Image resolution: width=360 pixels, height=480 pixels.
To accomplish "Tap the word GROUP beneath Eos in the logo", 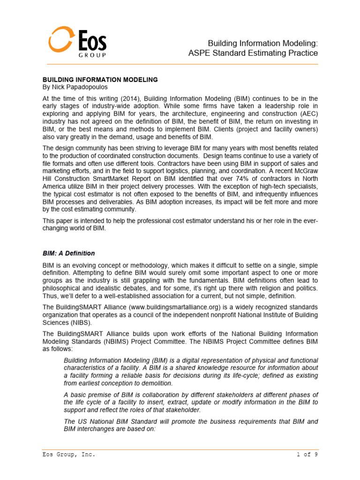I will (92, 55).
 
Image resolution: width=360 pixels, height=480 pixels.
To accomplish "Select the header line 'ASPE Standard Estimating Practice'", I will (253, 53).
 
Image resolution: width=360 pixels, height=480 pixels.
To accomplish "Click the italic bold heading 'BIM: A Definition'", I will (68, 253).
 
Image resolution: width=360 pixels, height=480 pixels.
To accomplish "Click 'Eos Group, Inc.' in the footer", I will (68, 454).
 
